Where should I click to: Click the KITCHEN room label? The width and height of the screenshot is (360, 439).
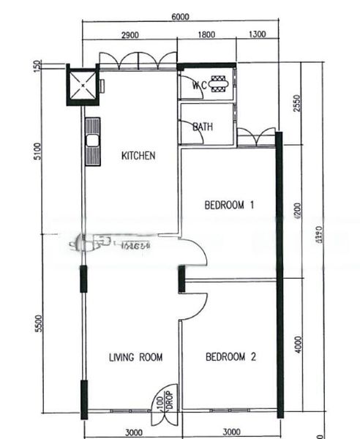click(x=138, y=156)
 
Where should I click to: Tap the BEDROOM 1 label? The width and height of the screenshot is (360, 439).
click(x=229, y=206)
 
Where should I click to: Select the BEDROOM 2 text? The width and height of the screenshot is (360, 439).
click(x=230, y=357)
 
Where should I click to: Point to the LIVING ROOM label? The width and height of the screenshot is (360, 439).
click(x=135, y=357)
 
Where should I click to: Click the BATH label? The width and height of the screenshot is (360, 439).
click(x=203, y=127)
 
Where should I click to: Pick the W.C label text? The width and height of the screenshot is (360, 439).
click(x=198, y=86)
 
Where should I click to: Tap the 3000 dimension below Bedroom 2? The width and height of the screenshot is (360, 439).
click(x=230, y=432)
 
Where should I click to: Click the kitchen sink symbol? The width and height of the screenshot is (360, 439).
click(x=93, y=140)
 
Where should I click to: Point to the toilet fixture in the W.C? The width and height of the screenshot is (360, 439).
click(x=218, y=84)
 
